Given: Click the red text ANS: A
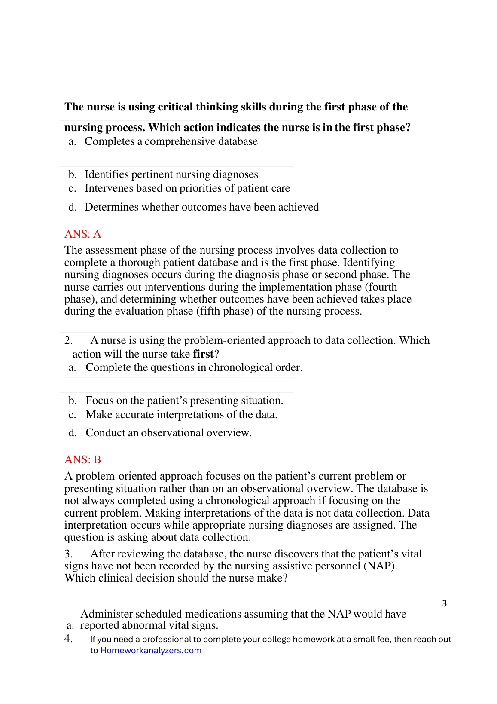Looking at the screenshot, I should pos(82,234).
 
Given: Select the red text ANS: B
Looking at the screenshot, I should pos(82,460).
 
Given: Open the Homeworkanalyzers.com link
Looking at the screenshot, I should pos(151,650).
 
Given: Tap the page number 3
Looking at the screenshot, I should pos(444,603).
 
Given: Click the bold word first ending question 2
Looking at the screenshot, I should pos(203,354).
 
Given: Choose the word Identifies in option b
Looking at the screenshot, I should pos(107,174).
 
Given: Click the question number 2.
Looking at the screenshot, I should pos(68,340).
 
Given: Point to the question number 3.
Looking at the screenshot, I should pos(68,554).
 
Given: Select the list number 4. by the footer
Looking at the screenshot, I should pos(68,639).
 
